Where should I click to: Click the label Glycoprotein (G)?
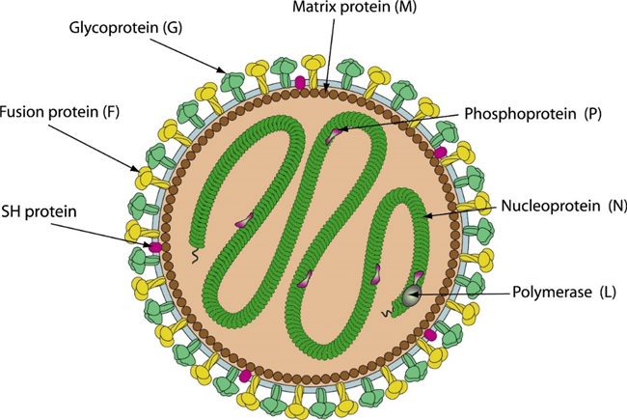click(125, 28)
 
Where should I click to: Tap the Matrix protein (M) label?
click(355, 7)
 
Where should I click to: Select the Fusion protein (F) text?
click(60, 112)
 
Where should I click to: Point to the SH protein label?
click(39, 211)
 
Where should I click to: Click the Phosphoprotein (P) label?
click(532, 114)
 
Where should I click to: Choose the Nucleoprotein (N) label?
click(564, 206)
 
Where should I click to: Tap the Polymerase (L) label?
click(564, 293)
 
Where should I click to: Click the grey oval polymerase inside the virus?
click(411, 295)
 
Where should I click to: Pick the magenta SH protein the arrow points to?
click(155, 246)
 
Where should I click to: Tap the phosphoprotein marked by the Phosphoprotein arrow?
click(334, 135)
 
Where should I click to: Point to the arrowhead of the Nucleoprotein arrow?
click(426, 216)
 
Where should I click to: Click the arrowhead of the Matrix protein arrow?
click(326, 88)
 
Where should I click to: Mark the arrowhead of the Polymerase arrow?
click(413, 294)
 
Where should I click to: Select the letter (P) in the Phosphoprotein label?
click(592, 114)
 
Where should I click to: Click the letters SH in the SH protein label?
click(11, 211)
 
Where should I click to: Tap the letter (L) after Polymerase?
click(608, 293)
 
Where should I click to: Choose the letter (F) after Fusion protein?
click(111, 112)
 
